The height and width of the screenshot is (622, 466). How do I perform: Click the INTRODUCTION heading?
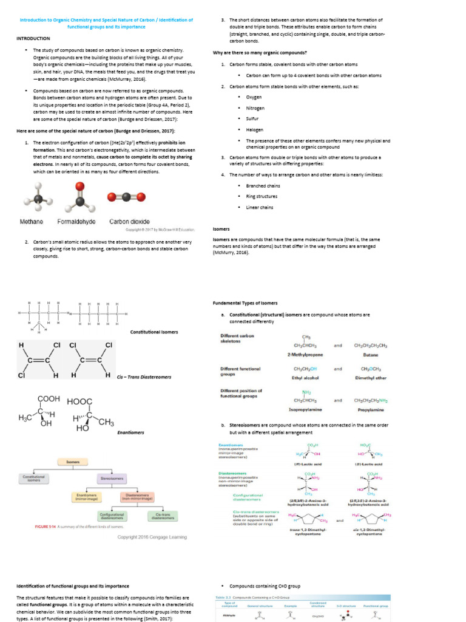(33, 38)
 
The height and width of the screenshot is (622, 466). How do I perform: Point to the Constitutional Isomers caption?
(154, 332)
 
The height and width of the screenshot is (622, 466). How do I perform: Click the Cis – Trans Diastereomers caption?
(144, 377)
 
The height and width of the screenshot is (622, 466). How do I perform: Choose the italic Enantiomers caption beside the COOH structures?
(130, 432)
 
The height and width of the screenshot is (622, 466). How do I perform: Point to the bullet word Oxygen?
(254, 97)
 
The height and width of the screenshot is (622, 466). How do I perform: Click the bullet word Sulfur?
(252, 118)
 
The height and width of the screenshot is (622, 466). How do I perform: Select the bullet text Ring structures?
(262, 196)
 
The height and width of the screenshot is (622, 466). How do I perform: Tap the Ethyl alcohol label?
(306, 377)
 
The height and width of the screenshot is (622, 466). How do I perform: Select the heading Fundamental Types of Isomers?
(244, 302)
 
